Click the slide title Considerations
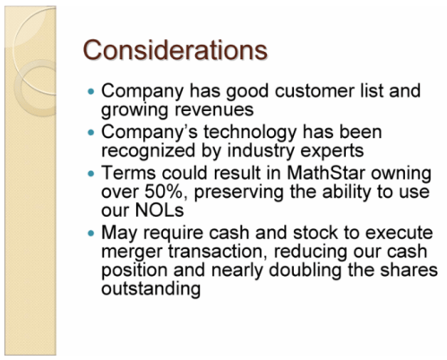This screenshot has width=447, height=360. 176,49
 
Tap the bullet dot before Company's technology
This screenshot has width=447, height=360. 90,133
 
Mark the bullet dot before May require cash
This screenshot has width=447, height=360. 90,232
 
